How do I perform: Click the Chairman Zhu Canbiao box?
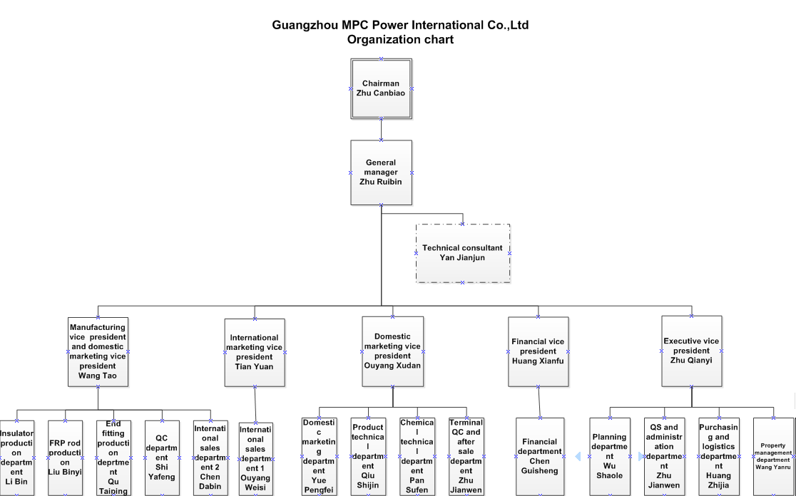[x=381, y=88]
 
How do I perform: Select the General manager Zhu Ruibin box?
[x=381, y=172]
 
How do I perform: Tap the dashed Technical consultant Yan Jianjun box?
[x=462, y=253]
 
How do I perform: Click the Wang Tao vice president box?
[x=98, y=352]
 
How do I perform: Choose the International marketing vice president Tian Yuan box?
[x=254, y=352]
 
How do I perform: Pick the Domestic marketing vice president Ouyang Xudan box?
[x=392, y=351]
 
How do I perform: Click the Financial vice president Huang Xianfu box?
[x=537, y=351]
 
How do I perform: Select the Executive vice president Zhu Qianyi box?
[x=691, y=351]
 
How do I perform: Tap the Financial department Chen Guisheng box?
[x=540, y=456]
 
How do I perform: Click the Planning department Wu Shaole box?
[x=609, y=456]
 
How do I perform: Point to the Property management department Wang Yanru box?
[x=773, y=456]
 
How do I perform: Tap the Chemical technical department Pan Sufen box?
[x=417, y=456]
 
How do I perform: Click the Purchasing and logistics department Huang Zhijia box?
[x=718, y=456]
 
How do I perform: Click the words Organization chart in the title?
[x=400, y=40]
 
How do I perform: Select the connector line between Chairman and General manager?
[x=381, y=129]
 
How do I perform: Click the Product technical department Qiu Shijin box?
[x=368, y=456]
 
